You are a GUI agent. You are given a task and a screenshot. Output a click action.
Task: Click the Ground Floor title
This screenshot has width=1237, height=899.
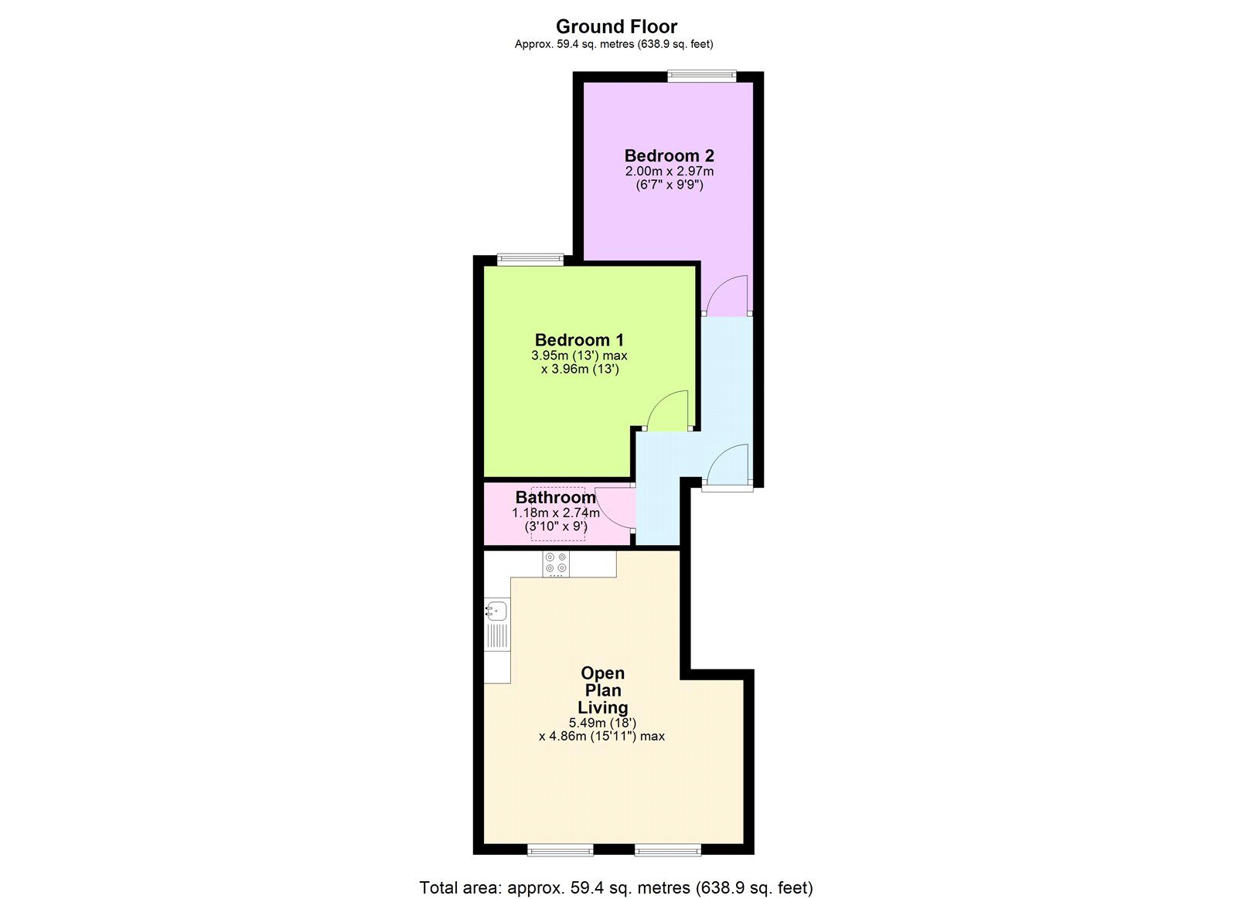(616, 26)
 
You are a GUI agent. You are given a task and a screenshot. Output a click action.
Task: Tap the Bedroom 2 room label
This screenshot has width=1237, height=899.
(670, 155)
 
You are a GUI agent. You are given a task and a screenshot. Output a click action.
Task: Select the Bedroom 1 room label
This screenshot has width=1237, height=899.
(579, 339)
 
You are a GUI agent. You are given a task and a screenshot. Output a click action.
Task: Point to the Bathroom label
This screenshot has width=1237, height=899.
(556, 497)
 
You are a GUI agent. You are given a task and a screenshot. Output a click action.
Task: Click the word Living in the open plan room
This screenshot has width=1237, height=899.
(602, 707)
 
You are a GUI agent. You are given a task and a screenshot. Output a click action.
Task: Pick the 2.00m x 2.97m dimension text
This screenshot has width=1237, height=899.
(670, 171)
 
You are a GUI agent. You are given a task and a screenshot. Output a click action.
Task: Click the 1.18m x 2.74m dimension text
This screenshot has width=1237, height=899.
(556, 512)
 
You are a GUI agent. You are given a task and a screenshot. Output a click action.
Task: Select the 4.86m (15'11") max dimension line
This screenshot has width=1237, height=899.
(602, 736)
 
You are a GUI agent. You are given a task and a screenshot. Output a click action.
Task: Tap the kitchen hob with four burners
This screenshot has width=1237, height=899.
(556, 564)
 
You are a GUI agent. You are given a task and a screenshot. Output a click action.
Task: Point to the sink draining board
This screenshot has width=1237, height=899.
(497, 637)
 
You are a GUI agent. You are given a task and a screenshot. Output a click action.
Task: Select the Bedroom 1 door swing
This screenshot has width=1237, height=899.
(667, 410)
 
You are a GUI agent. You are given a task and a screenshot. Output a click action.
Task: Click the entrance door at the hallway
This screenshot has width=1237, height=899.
(728, 465)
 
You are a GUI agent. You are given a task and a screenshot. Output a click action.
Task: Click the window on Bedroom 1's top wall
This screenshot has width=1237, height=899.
(530, 260)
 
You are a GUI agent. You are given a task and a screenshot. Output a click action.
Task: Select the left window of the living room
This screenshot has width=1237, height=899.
(560, 850)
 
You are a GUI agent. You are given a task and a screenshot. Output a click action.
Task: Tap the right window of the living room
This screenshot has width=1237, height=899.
(668, 850)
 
